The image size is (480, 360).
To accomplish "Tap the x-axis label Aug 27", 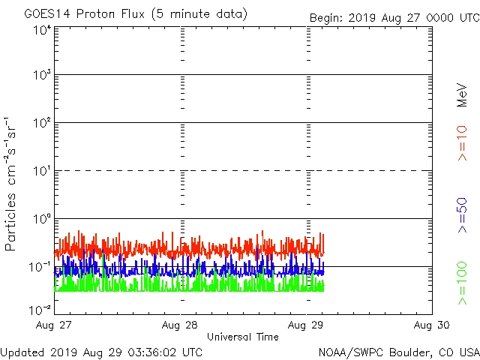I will pyautogui.click(x=55, y=325).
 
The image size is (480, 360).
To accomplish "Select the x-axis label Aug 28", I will pyautogui.click(x=180, y=325).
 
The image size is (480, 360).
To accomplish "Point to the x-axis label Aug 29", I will pyautogui.click(x=306, y=325).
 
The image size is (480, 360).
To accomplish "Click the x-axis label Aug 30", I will pyautogui.click(x=431, y=325).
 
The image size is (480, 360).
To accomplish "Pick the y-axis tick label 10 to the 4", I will pyautogui.click(x=42, y=31).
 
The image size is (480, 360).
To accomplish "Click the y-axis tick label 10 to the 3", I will pyautogui.click(x=42, y=75).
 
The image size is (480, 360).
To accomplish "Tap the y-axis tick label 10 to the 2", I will pyautogui.click(x=42, y=123).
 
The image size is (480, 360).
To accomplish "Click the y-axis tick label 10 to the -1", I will pyautogui.click(x=40, y=266).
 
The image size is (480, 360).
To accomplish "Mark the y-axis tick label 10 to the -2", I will pyautogui.click(x=40, y=309).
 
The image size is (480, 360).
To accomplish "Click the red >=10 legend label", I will pyautogui.click(x=463, y=142).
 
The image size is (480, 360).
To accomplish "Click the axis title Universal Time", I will pyautogui.click(x=243, y=337).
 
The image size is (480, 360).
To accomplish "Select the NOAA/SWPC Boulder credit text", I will pyautogui.click(x=398, y=351).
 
